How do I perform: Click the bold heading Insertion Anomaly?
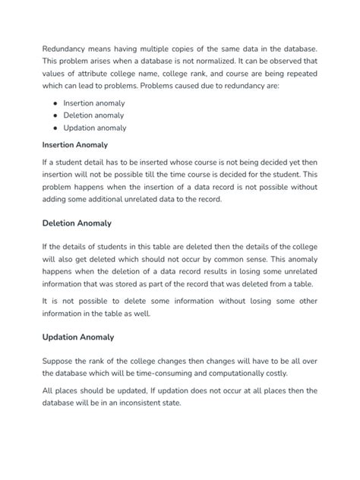(74, 144)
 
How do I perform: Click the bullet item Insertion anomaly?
(94, 103)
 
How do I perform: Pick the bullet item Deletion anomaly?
(94, 115)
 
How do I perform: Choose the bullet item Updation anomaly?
(94, 128)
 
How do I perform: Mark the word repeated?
(298, 74)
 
